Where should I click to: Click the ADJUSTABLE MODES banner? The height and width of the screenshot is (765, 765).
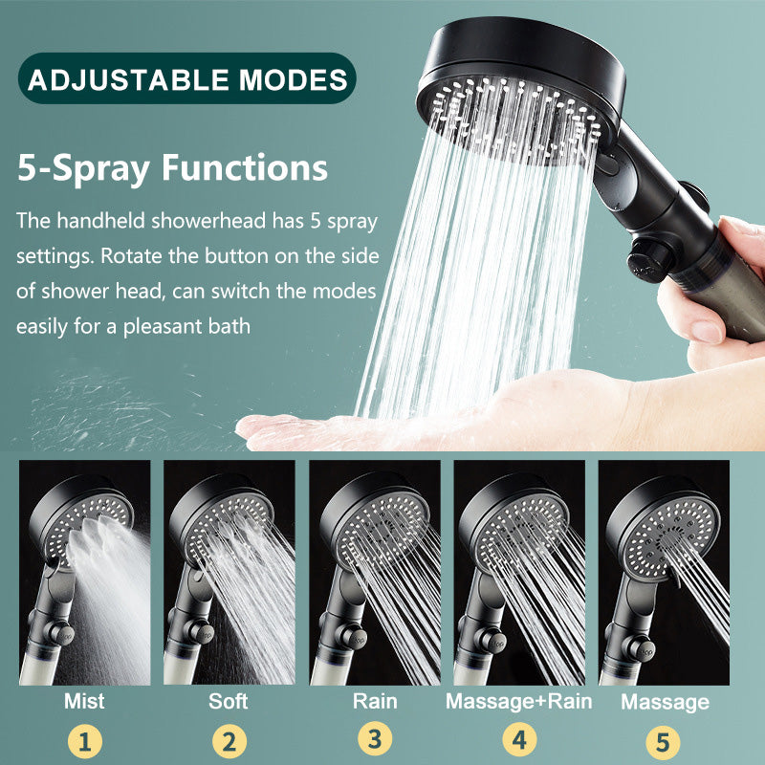pos(187,78)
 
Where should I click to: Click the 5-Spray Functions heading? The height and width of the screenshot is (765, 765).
pos(172,167)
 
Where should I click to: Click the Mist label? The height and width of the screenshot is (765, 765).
pos(84,701)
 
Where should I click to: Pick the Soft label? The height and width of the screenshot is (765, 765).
pos(229,701)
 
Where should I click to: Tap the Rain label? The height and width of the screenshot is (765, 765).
pos(374,701)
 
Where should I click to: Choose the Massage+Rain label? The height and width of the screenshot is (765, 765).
pos(519,701)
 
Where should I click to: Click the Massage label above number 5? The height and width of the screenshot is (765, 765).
pos(665,702)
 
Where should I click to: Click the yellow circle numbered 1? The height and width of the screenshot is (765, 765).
pos(84,741)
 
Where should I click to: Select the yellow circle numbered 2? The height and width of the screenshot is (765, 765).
pos(229,741)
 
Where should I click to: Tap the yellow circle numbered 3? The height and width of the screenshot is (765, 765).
pos(374,741)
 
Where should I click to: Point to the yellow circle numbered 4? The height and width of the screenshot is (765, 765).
pos(519,741)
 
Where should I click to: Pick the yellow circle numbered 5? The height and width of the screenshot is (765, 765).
pos(665,741)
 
